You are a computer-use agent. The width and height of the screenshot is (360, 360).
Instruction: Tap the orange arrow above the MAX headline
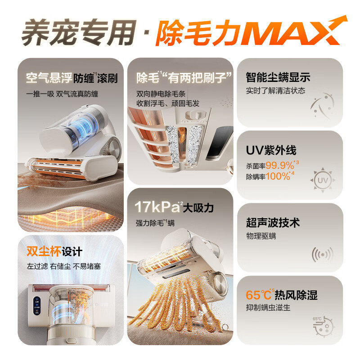(335, 22)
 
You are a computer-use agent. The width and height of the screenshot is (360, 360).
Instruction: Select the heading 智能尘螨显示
(278, 77)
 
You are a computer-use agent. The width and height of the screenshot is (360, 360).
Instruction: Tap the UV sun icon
(322, 180)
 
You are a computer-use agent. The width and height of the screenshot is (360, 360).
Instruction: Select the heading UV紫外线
(271, 151)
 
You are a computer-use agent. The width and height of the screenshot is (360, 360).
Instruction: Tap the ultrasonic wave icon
(322, 255)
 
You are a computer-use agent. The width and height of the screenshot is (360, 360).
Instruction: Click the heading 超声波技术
(273, 223)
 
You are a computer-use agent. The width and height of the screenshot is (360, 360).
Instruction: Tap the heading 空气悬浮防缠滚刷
(72, 79)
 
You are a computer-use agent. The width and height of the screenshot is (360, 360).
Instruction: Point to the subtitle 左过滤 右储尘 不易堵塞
(63, 266)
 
